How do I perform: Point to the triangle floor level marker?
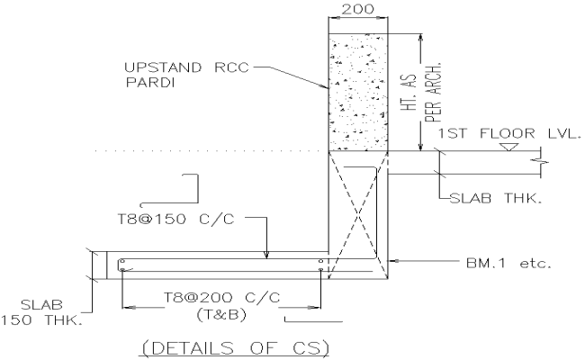(512, 146)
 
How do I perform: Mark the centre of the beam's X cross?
(357, 213)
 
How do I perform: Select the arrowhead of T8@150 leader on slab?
(268, 257)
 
